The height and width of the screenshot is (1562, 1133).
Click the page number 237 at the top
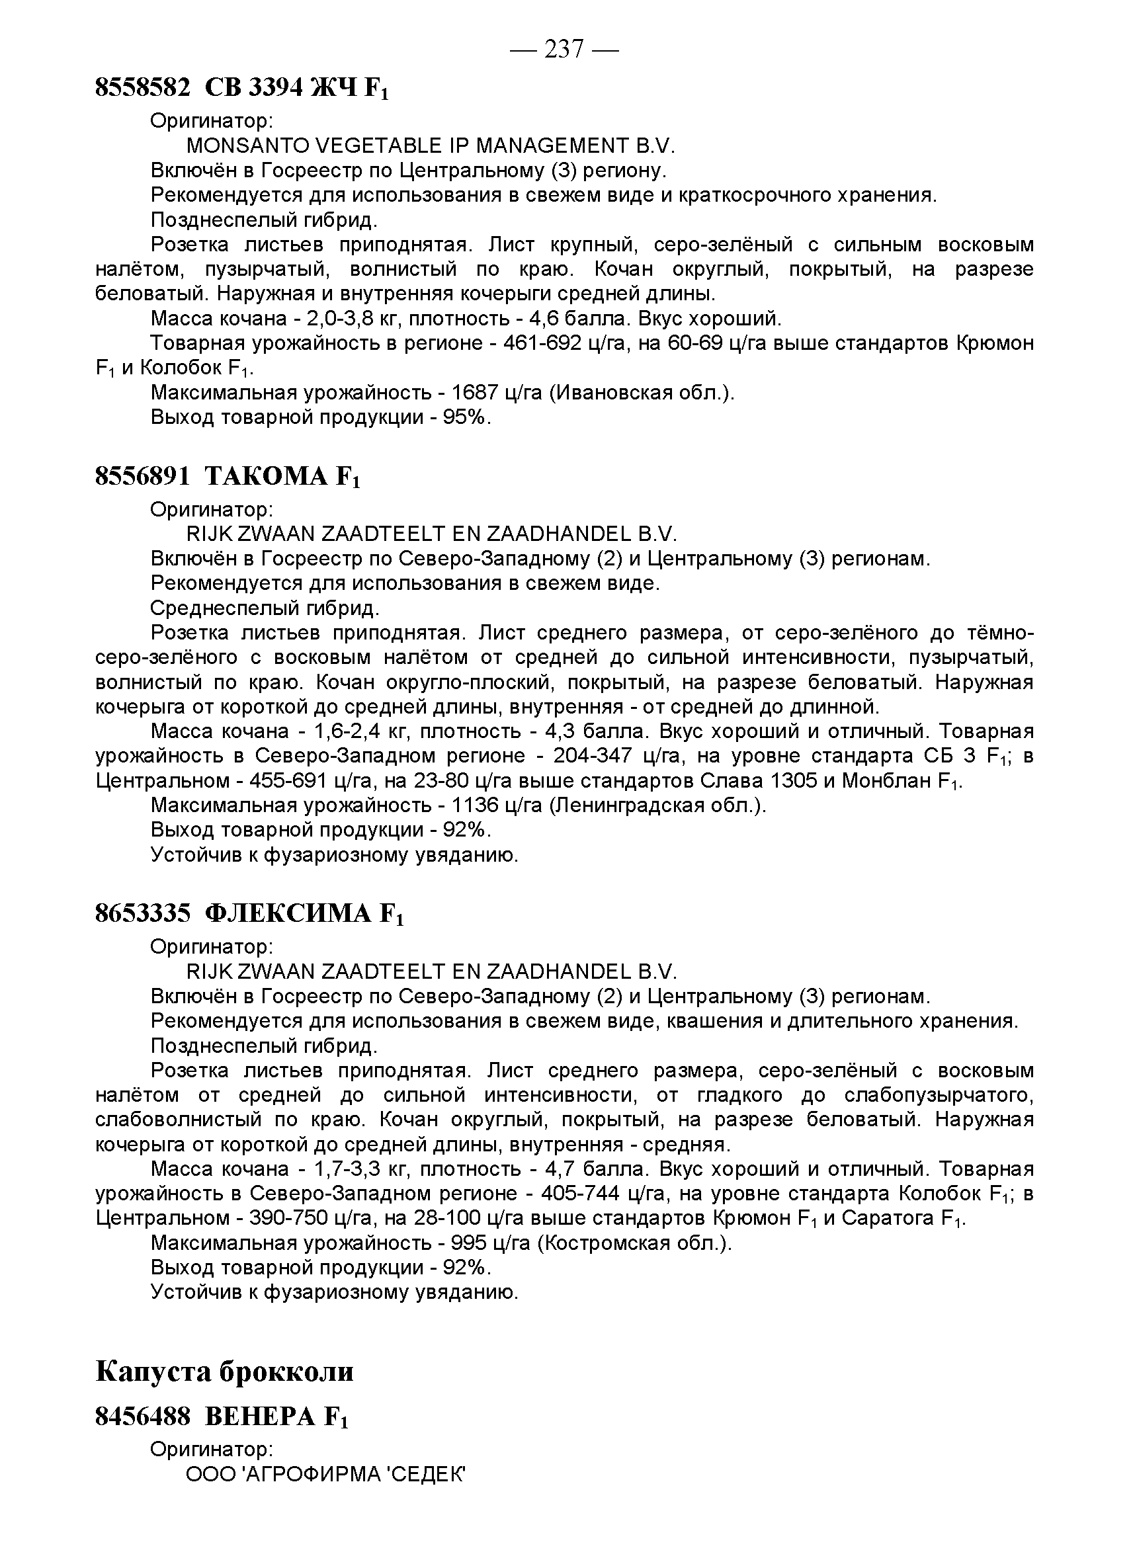coord(564,49)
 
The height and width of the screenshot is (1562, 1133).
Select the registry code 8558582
coord(142,87)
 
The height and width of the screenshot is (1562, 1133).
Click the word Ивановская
coord(613,393)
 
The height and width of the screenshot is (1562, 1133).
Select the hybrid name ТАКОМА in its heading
coord(267,476)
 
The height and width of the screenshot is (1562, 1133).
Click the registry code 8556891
coord(142,476)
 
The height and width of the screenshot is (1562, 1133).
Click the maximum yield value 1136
coord(474,805)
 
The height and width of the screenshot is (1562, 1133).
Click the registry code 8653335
coord(142,913)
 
